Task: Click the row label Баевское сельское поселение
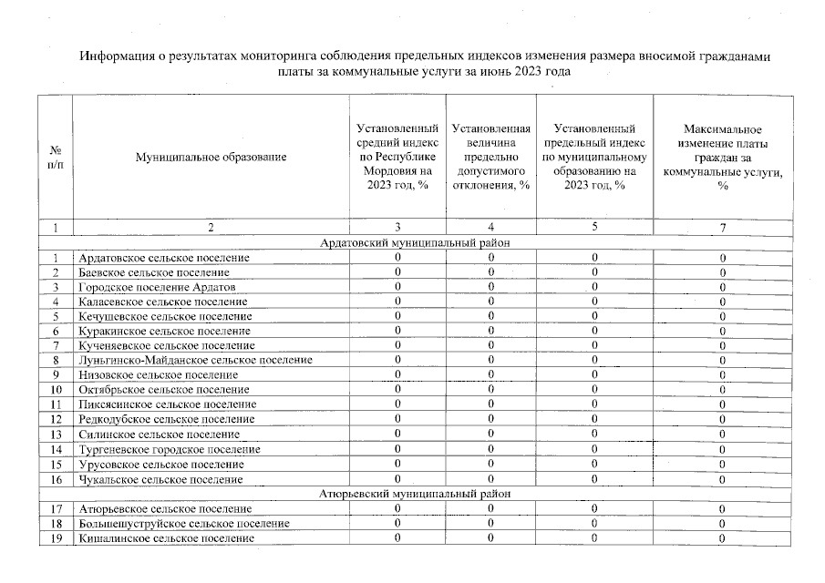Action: pyautogui.click(x=154, y=272)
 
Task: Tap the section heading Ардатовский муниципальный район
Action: pyautogui.click(x=415, y=243)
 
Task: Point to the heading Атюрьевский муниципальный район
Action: pyautogui.click(x=415, y=494)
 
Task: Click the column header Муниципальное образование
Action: pyautogui.click(x=211, y=157)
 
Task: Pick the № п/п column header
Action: pyautogui.click(x=55, y=157)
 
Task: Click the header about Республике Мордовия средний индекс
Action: pyautogui.click(x=397, y=157)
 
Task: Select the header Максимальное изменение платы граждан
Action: pyautogui.click(x=722, y=157)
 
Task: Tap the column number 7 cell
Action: pyautogui.click(x=722, y=228)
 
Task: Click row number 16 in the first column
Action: pyautogui.click(x=55, y=479)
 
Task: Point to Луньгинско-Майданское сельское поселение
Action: pyautogui.click(x=196, y=361)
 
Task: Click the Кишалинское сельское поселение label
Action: pyautogui.click(x=166, y=538)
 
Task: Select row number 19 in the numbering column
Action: pyautogui.click(x=55, y=538)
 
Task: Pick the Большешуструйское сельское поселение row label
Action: pyautogui.click(x=184, y=524)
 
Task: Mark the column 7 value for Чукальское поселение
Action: pyautogui.click(x=722, y=479)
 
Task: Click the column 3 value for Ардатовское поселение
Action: pyautogui.click(x=397, y=258)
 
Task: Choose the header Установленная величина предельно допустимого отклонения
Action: pyautogui.click(x=491, y=157)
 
